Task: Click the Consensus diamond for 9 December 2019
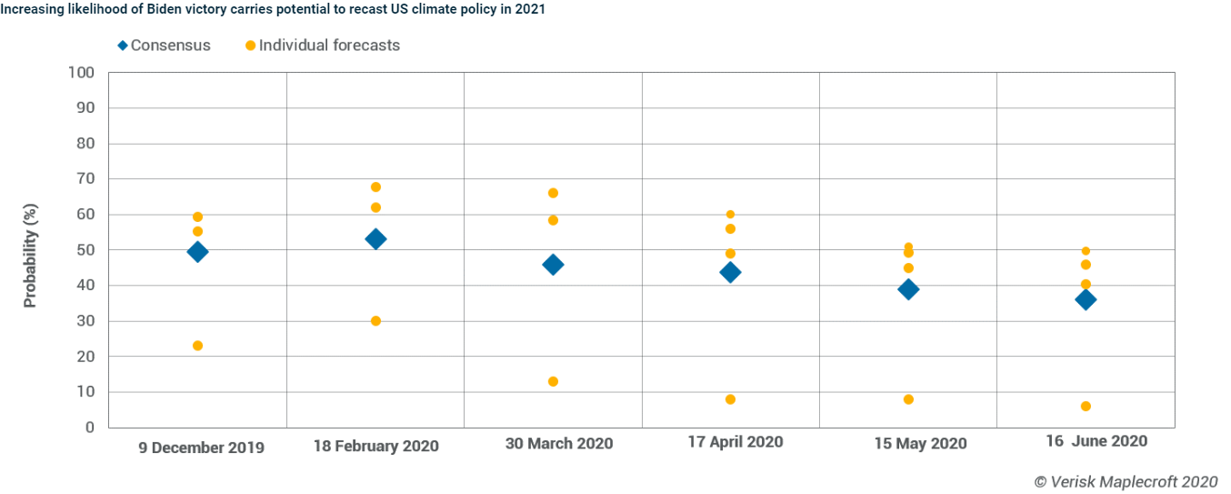pos(197,252)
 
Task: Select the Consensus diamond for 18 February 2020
pos(375,239)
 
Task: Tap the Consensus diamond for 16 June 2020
pos(1086,300)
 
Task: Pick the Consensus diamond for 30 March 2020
pos(553,265)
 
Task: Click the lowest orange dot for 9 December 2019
pos(197,346)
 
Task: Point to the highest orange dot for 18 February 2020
pos(375,187)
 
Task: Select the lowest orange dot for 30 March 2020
pos(553,381)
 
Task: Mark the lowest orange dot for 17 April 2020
pos(730,399)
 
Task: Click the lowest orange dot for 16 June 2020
pos(1086,406)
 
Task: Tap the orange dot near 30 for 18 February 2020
pos(375,321)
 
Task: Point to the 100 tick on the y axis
pos(82,73)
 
